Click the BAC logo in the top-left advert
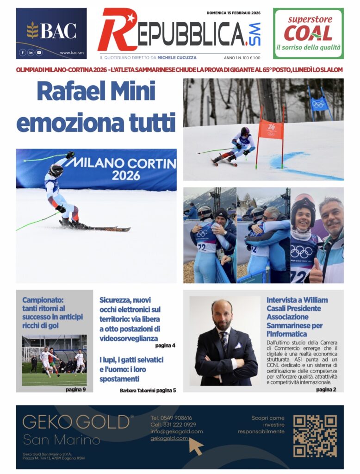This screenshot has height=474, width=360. [51, 31]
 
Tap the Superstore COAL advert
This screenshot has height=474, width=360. [308, 33]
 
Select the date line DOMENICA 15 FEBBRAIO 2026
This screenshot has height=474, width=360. [233, 13]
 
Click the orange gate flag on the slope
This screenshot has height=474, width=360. [271, 129]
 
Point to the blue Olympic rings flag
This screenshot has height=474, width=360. [319, 104]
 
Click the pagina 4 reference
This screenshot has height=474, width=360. [165, 345]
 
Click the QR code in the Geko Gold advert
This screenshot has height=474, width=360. [315, 436]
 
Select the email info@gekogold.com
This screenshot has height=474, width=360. [176, 431]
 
